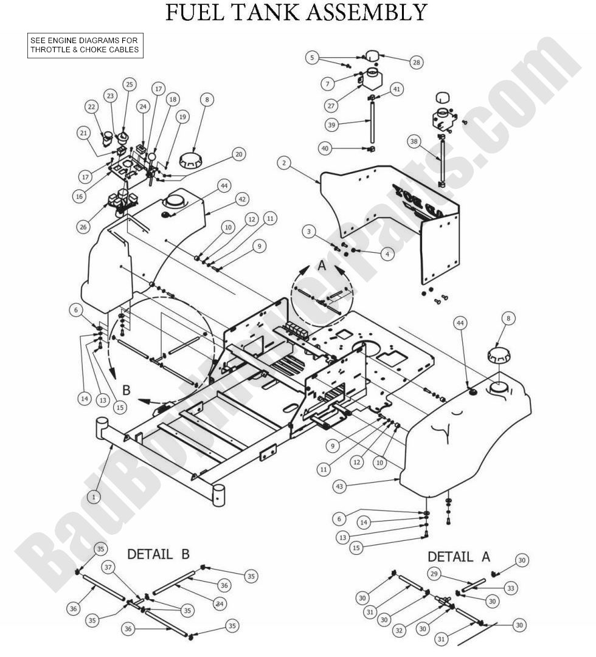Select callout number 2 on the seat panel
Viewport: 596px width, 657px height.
tap(283, 162)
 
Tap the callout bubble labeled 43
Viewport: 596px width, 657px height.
tap(341, 486)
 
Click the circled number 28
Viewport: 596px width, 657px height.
tap(417, 62)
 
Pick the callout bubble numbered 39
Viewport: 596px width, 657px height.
tap(331, 125)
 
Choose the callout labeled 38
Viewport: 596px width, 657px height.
tap(415, 142)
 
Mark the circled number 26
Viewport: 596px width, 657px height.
tap(83, 227)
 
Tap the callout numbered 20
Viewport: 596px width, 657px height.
tap(238, 154)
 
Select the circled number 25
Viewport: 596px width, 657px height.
tap(129, 84)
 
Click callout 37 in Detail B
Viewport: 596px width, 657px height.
tap(109, 567)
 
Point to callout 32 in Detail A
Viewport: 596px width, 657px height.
tap(399, 631)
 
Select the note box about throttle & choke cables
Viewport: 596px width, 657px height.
tap(85, 46)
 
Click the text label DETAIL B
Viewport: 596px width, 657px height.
tap(158, 554)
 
